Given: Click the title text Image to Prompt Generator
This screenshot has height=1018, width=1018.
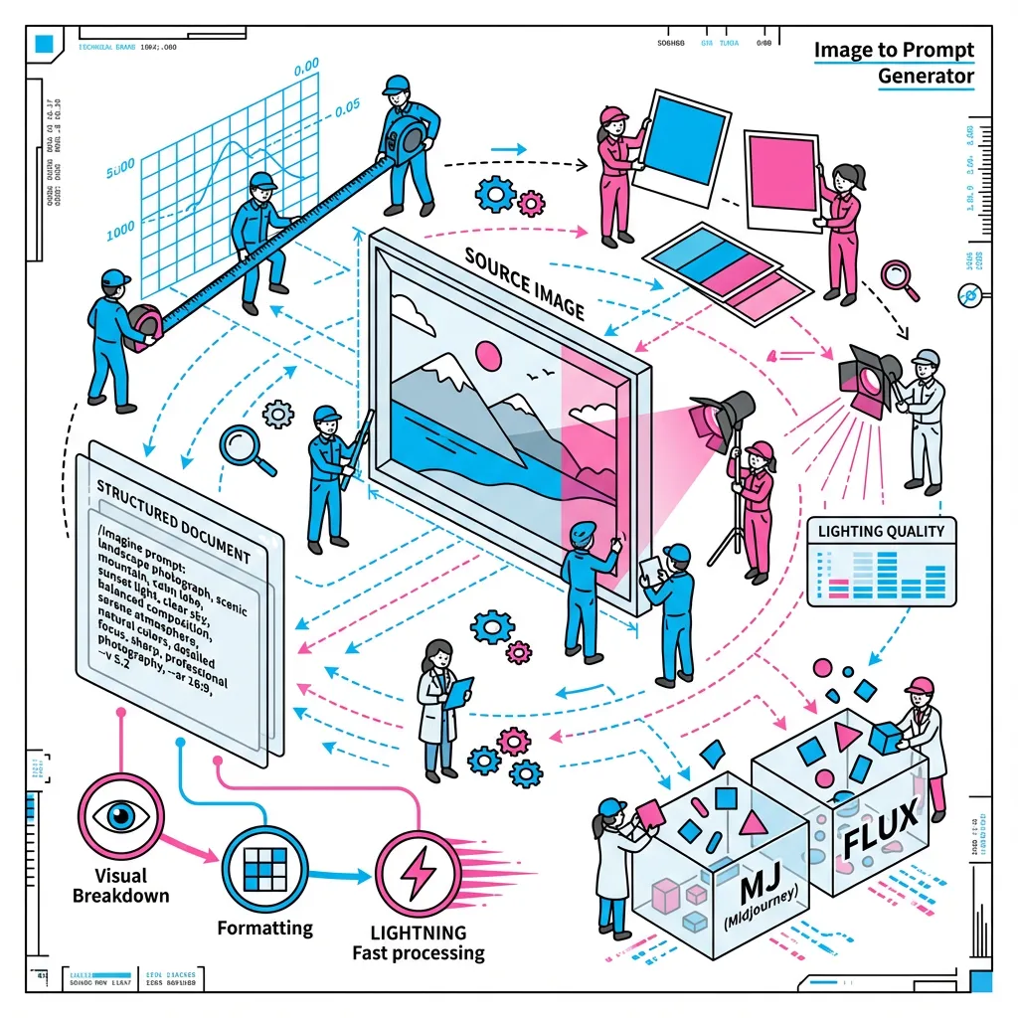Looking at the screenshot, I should (894, 63).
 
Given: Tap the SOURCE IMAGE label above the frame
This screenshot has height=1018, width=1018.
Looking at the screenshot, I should (525, 282).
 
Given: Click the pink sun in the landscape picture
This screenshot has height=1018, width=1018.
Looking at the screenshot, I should (489, 355).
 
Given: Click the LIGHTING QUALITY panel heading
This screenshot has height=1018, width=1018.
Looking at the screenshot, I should (881, 531).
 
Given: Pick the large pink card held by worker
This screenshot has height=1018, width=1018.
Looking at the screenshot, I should (778, 177).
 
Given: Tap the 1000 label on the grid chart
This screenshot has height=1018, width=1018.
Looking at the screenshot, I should (119, 228).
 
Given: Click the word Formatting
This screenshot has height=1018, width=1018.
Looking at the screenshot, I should (264, 929).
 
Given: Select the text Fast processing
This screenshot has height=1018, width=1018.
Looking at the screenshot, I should (419, 953).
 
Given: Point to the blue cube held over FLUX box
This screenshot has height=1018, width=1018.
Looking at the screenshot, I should (884, 738).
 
